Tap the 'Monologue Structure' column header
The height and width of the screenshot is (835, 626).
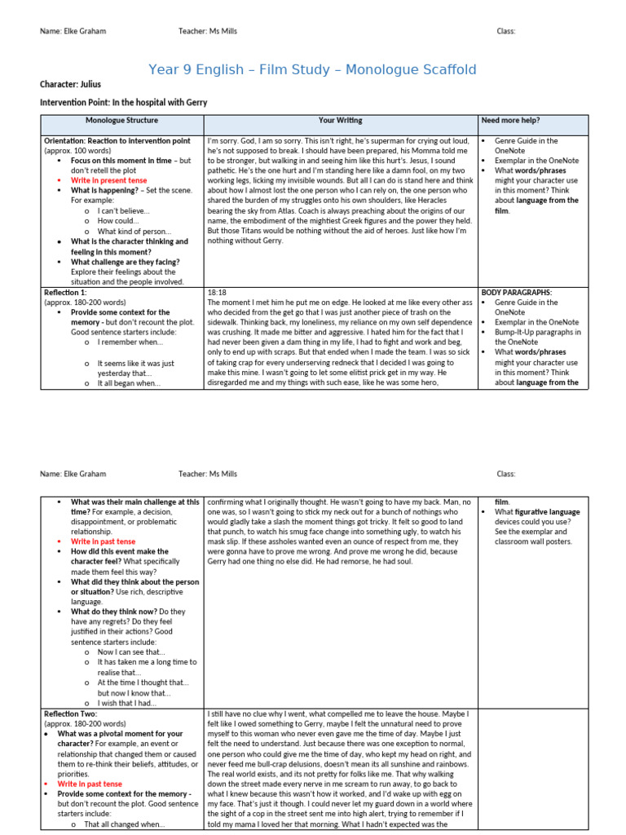point(121,121)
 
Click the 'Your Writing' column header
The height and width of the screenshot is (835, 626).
point(341,121)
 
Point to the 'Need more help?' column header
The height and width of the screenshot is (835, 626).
point(510,121)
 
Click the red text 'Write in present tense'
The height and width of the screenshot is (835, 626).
point(108,180)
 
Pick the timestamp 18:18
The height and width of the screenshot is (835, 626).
point(217,291)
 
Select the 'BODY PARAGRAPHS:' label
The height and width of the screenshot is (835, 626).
point(517,291)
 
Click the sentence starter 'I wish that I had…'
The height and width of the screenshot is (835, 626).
point(127,703)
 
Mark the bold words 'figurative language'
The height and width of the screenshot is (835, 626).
point(549,512)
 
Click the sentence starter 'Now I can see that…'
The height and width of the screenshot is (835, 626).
point(131,652)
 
